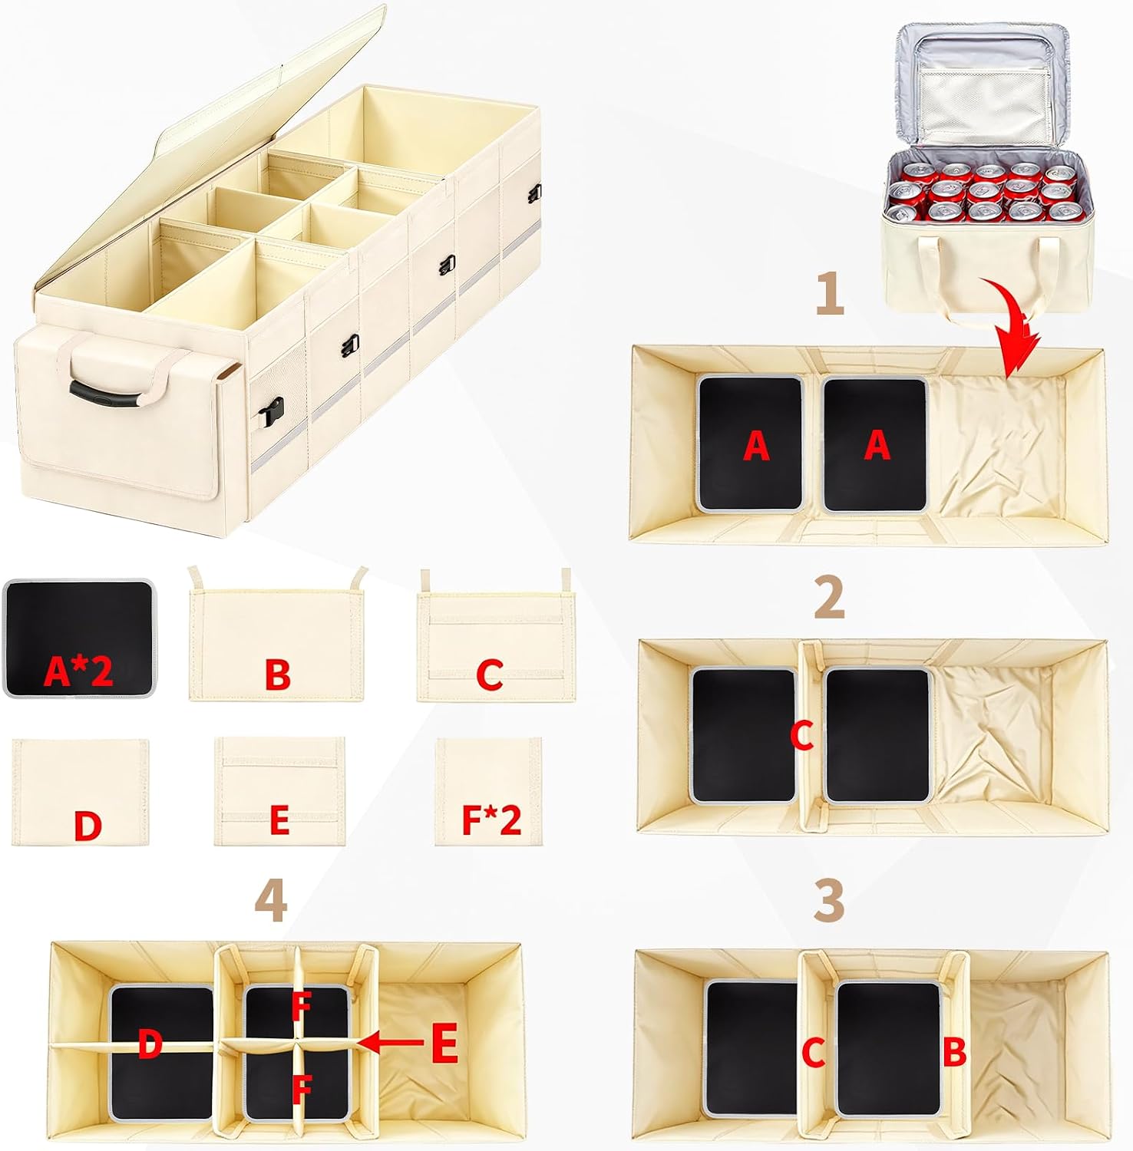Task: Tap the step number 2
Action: point(829,597)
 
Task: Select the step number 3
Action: point(829,899)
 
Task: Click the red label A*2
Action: point(78,671)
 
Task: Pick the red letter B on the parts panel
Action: point(277,674)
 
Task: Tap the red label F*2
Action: point(491,820)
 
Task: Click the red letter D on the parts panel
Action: point(88,826)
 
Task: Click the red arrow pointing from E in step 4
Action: point(391,1042)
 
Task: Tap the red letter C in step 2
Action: point(801,736)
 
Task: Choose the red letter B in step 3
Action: point(954,1053)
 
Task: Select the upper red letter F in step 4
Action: point(301,1007)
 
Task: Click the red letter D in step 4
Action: point(150,1044)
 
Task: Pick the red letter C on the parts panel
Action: point(490,674)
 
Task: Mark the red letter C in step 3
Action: point(813,1053)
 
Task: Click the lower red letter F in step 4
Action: point(301,1087)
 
